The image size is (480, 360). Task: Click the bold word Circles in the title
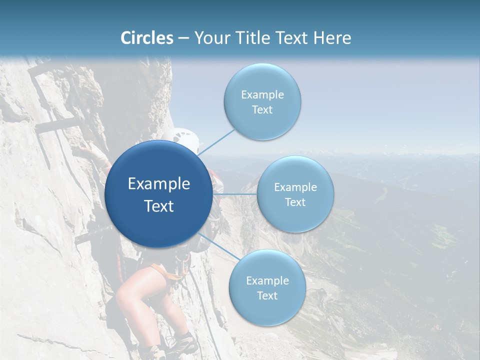click(x=147, y=38)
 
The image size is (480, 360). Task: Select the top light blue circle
click(x=262, y=80)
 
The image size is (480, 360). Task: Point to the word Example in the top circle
click(x=262, y=94)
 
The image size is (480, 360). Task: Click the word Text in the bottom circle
click(x=267, y=295)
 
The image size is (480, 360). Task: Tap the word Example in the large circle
click(x=159, y=184)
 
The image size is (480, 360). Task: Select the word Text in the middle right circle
click(x=295, y=202)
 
